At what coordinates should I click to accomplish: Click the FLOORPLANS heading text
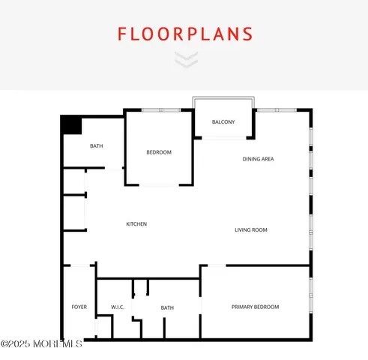point(184,34)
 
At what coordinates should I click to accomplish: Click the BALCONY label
point(223,122)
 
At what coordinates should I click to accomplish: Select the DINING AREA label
point(258,159)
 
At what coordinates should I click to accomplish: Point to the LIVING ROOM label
point(251,230)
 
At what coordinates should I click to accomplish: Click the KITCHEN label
point(136,224)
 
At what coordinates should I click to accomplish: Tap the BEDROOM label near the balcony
point(159,153)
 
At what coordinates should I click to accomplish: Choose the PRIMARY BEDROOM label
point(255,307)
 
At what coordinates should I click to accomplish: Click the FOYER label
point(79,307)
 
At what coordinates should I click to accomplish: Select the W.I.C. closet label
point(117,307)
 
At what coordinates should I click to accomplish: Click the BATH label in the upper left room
point(97,146)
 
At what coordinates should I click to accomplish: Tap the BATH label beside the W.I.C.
point(167,307)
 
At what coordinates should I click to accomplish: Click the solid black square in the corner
point(71,124)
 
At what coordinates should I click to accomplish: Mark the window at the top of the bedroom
point(161,110)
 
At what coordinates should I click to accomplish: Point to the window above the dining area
point(277,110)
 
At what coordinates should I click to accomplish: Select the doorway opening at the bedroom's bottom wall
point(159,185)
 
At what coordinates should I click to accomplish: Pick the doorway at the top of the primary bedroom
point(216,265)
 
